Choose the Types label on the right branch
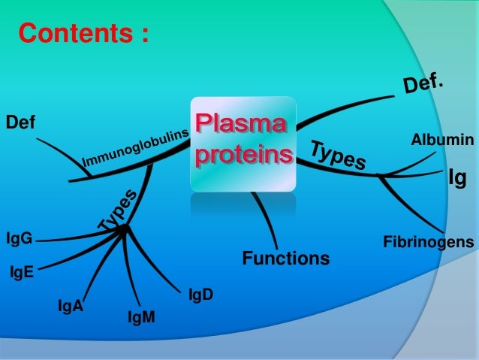pyautogui.click(x=338, y=154)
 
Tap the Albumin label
pyautogui.click(x=442, y=140)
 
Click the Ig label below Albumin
pyautogui.click(x=458, y=178)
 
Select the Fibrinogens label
pyautogui.click(x=428, y=242)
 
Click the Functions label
pyautogui.click(x=285, y=259)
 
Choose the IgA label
pyautogui.click(x=71, y=306)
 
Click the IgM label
pyautogui.click(x=141, y=319)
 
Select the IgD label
pyautogui.click(x=200, y=295)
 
